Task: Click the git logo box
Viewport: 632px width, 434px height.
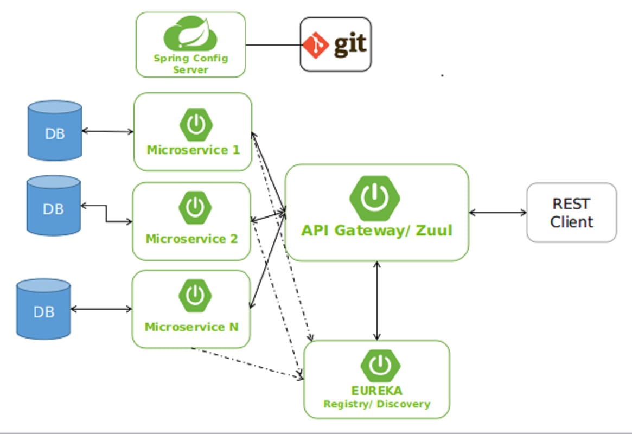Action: click(x=336, y=44)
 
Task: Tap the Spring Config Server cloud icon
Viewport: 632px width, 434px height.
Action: click(x=190, y=34)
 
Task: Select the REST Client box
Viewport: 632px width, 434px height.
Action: click(x=571, y=212)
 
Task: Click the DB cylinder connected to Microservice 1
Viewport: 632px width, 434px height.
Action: click(x=55, y=132)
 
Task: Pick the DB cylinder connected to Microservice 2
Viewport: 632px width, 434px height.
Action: click(x=53, y=206)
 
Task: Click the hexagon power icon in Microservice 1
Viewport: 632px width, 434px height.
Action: click(x=195, y=125)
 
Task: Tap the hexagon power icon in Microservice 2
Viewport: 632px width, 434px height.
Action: click(x=195, y=207)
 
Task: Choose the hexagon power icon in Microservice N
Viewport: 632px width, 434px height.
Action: click(x=195, y=296)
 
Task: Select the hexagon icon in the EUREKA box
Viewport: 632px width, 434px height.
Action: click(x=380, y=366)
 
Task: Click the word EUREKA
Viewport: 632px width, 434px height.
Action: click(x=376, y=391)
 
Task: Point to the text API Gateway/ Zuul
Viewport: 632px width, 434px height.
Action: click(x=376, y=230)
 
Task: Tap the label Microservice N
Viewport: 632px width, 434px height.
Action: click(x=191, y=327)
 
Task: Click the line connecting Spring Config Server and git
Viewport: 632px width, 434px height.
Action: click(x=273, y=45)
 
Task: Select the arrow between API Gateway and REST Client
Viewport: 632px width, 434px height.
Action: click(x=497, y=213)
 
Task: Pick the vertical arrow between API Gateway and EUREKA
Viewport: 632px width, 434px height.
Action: click(x=376, y=301)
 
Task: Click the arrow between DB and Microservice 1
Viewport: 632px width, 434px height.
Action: click(x=107, y=131)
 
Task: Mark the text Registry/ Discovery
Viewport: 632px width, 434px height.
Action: click(x=376, y=404)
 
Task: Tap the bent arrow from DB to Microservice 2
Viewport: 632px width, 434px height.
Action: click(x=106, y=214)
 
